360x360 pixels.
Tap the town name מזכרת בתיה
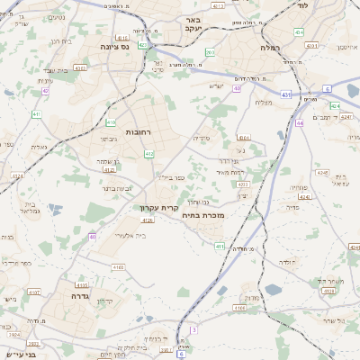[201, 214]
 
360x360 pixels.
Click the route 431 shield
[285, 94]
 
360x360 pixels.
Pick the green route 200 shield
[209, 53]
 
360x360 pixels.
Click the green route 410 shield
[110, 121]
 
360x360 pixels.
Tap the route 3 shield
[194, 329]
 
